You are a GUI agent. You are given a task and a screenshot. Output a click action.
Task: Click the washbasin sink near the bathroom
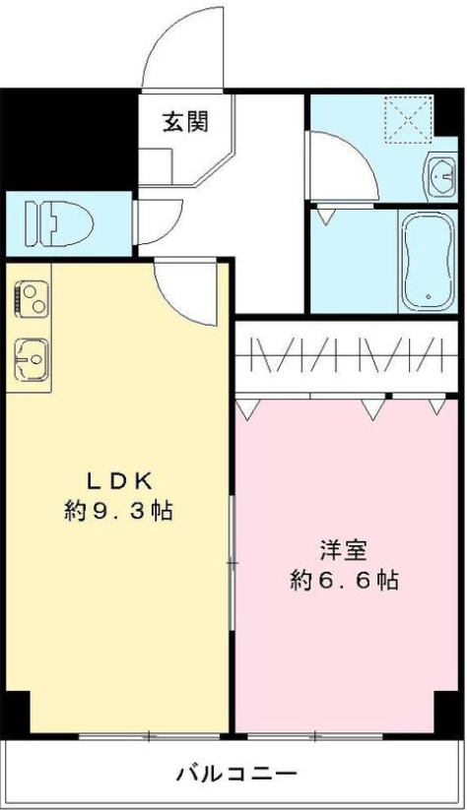tap(438, 177)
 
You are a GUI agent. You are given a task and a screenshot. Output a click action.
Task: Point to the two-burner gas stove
tap(30, 298)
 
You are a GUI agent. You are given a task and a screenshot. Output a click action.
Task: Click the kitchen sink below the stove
tap(30, 359)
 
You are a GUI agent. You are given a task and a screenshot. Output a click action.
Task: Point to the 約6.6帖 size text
tap(343, 580)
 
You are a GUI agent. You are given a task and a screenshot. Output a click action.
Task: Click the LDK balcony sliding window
tap(148, 734)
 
